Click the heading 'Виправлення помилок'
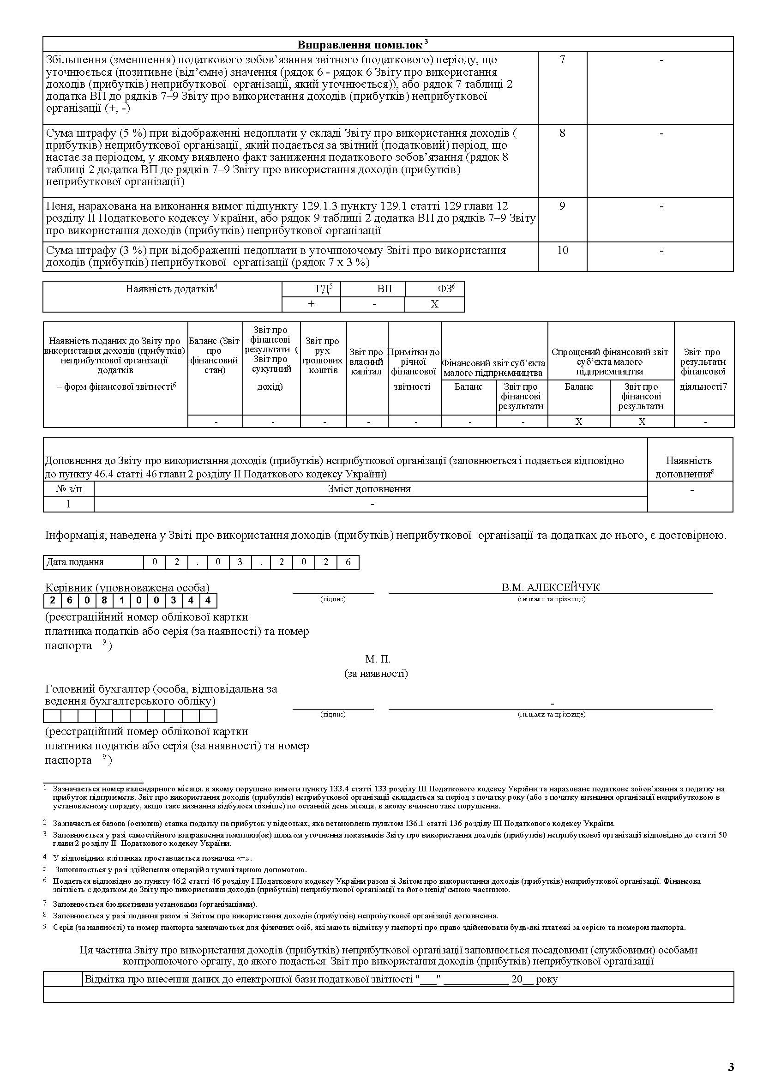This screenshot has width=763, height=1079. tap(360, 45)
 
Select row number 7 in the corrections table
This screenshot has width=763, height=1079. tap(562, 60)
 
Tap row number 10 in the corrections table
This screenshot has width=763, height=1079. tap(562, 250)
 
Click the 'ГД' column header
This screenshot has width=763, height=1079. tap(322, 289)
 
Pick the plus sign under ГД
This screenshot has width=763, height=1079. tap(311, 304)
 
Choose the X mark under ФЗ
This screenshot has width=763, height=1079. tap(435, 304)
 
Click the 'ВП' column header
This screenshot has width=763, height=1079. tap(385, 289)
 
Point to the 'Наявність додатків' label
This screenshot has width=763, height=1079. tap(170, 289)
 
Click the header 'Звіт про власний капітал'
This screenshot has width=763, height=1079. tap(366, 362)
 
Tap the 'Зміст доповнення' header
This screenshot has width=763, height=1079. tap(369, 489)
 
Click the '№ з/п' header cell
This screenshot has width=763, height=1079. tap(69, 489)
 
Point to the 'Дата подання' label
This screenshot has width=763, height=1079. tap(75, 562)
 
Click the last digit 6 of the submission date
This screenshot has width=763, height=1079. tap(348, 562)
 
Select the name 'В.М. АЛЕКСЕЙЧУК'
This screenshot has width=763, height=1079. tap(551, 587)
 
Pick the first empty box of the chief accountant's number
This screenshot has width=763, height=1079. tap(52, 716)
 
